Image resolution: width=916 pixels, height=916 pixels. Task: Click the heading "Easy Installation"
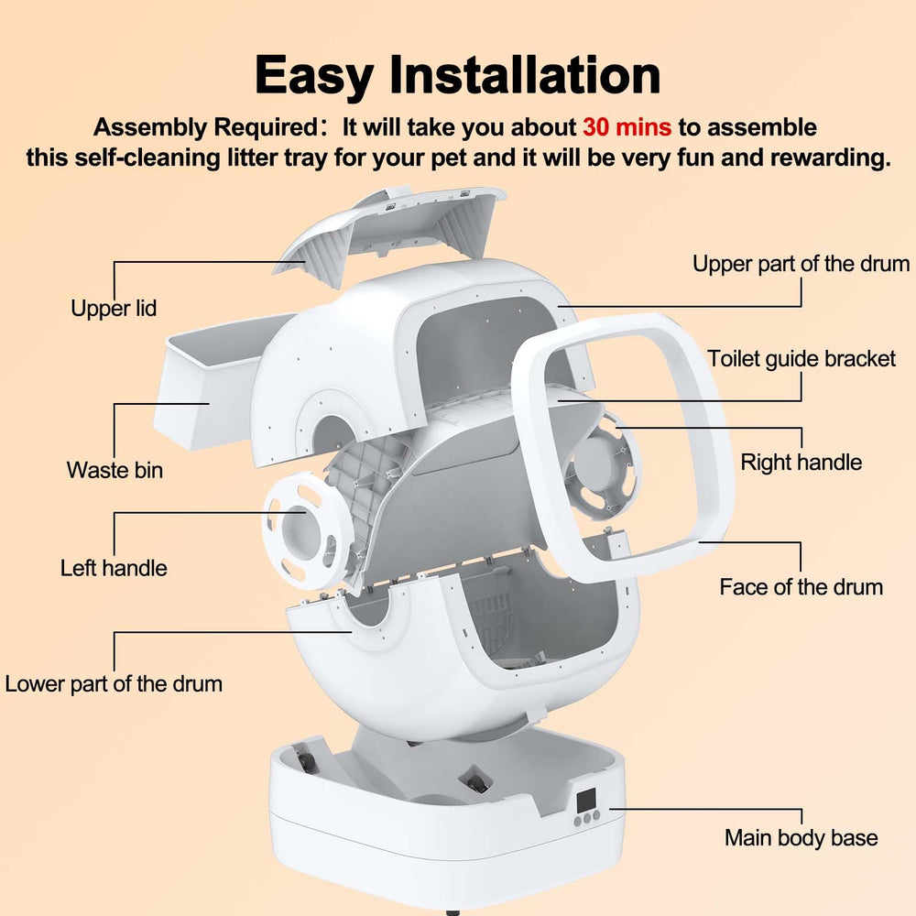coord(457,75)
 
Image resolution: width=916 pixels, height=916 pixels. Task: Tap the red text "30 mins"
coord(627,127)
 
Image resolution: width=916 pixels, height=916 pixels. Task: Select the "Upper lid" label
coord(114,309)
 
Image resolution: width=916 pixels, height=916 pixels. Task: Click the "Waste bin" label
coord(114,471)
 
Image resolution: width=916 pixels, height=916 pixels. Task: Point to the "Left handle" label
coord(114,568)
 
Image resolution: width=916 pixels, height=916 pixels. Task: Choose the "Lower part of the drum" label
coord(114,684)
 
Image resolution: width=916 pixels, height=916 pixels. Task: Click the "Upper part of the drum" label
coord(801,265)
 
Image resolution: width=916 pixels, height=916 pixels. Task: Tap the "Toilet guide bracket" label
coord(801,358)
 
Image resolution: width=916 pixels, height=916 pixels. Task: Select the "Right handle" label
coord(801,462)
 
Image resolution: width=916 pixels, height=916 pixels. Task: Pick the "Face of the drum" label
coord(801,587)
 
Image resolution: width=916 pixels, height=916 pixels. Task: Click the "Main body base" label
coord(801,837)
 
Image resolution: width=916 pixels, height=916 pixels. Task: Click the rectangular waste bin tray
coord(206,385)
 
